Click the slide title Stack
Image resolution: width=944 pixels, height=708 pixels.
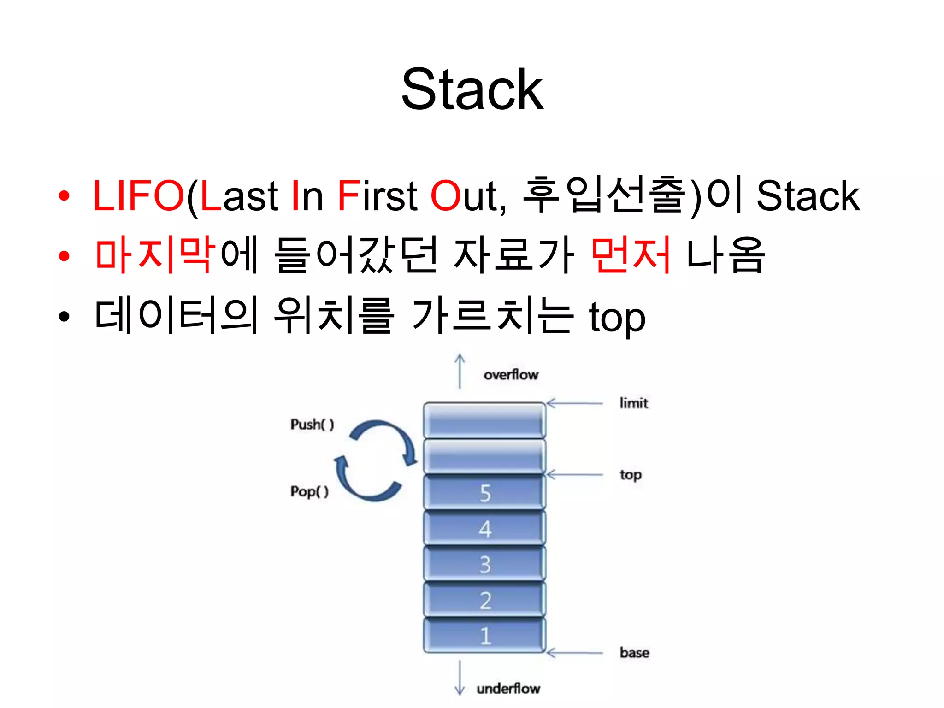click(x=472, y=89)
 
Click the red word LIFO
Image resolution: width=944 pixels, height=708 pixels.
click(x=138, y=196)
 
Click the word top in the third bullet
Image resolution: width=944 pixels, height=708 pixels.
click(x=617, y=318)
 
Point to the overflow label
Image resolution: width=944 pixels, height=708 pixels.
click(x=511, y=374)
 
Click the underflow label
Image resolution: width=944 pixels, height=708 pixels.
click(x=508, y=689)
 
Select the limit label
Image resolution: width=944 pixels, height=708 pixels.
click(x=634, y=403)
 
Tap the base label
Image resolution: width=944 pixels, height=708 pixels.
click(x=634, y=653)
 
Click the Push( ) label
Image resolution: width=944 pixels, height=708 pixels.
click(x=312, y=424)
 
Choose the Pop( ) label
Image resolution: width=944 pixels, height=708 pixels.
click(x=309, y=491)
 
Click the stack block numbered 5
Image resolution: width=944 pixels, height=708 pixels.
click(x=484, y=493)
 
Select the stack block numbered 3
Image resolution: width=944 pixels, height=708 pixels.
click(x=484, y=564)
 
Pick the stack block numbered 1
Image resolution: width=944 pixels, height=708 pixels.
click(x=484, y=636)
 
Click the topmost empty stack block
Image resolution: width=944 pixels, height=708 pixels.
click(x=484, y=420)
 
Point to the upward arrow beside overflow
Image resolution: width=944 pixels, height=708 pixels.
click(x=460, y=372)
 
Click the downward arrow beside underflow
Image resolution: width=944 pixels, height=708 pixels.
click(x=460, y=678)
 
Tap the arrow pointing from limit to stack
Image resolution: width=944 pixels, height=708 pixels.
click(x=574, y=403)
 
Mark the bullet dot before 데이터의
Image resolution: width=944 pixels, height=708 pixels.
click(x=64, y=317)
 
